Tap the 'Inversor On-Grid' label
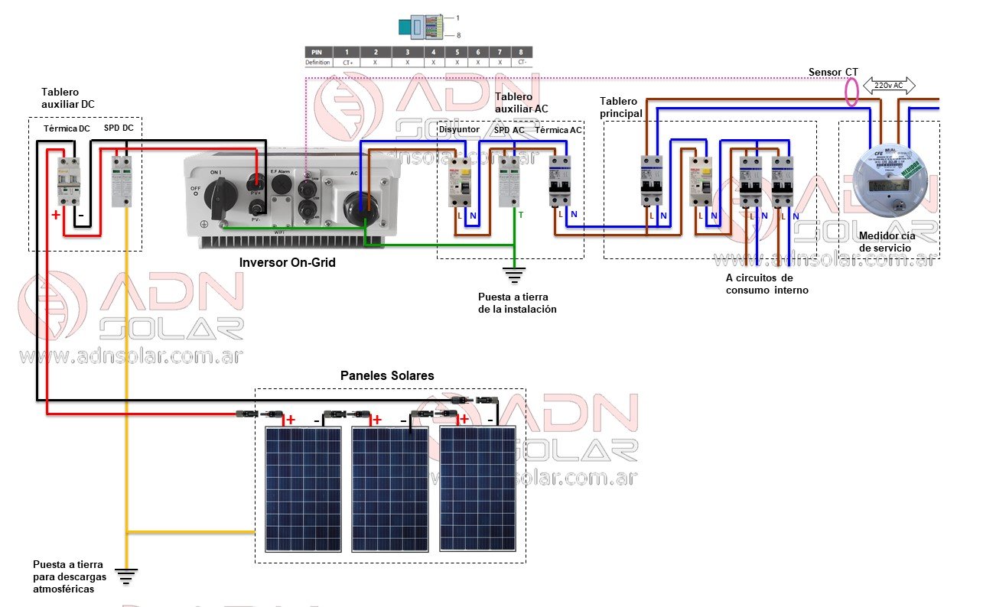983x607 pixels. pos(287,262)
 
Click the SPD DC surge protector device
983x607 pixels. pos(121,180)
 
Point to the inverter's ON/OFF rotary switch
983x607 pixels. pos(215,187)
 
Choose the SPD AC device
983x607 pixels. pos(509,181)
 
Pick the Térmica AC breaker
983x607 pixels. pos(559,181)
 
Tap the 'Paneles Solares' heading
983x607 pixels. pos(387,375)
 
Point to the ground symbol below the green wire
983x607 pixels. pos(515,274)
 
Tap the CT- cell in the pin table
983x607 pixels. pos(522,62)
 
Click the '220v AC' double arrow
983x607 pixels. pos(889,86)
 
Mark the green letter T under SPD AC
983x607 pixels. pos(521,216)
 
